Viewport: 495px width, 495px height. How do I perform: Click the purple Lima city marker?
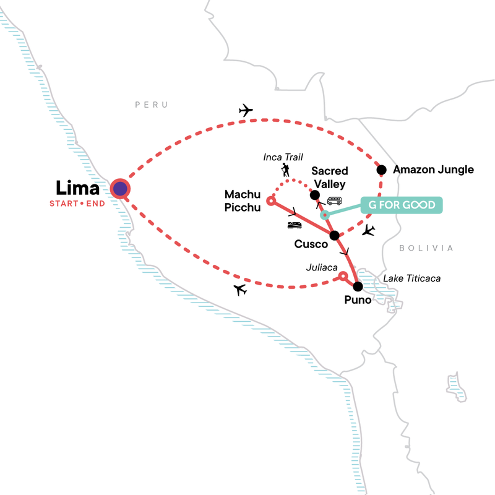pyautogui.click(x=120, y=189)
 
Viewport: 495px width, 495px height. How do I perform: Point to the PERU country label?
pyautogui.click(x=152, y=105)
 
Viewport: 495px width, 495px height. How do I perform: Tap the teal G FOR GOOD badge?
pyautogui.click(x=402, y=205)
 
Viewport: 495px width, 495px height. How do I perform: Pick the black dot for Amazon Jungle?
pyautogui.click(x=382, y=170)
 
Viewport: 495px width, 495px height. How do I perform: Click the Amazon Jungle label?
pyautogui.click(x=433, y=170)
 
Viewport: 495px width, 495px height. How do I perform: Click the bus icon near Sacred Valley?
pyautogui.click(x=334, y=200)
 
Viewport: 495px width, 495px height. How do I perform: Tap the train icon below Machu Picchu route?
pyautogui.click(x=294, y=225)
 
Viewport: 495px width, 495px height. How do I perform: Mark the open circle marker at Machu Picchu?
pyautogui.click(x=270, y=200)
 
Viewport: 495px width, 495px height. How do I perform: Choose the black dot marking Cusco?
pyautogui.click(x=334, y=235)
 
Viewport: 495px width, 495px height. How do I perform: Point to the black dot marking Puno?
pyautogui.click(x=357, y=286)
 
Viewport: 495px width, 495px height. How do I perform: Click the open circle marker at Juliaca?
pyautogui.click(x=342, y=278)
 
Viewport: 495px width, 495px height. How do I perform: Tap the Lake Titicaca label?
pyautogui.click(x=412, y=279)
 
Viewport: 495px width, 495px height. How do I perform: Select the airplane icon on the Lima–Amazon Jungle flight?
pyautogui.click(x=246, y=111)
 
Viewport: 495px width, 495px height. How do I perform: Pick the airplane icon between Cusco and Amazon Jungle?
pyautogui.click(x=369, y=231)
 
